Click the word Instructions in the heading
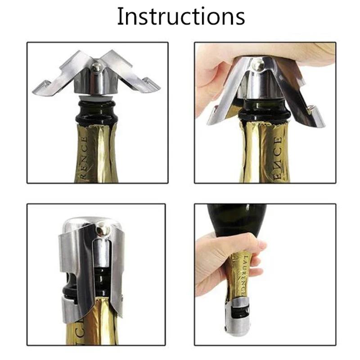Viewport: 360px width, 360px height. tap(180, 17)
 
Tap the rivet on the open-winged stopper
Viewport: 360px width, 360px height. tap(96, 67)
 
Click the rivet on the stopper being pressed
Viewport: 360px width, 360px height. tap(258, 65)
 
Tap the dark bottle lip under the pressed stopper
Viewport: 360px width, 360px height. tap(263, 115)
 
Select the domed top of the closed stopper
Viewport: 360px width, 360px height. tap(81, 222)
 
